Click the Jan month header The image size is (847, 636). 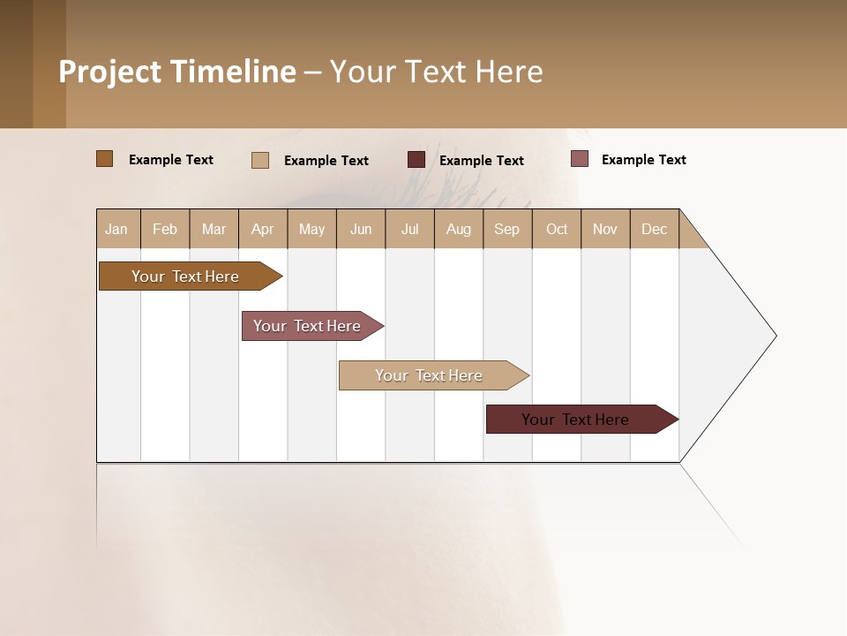[x=117, y=229]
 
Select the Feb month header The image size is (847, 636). [x=165, y=229]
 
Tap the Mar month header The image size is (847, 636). [x=214, y=229]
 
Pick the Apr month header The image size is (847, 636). [x=263, y=229]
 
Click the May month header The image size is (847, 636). [x=311, y=229]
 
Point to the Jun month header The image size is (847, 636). [x=361, y=229]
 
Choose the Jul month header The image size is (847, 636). [x=409, y=229]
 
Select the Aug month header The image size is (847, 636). [x=459, y=229]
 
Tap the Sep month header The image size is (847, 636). [x=507, y=229]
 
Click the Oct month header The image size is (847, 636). [x=557, y=229]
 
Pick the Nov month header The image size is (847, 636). [x=605, y=229]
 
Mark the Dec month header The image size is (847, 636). [x=654, y=229]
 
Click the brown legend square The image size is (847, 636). [x=105, y=159]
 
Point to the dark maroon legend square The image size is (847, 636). [x=416, y=160]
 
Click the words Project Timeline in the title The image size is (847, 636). [x=177, y=72]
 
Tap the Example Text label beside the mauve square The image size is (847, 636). [x=643, y=160]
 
